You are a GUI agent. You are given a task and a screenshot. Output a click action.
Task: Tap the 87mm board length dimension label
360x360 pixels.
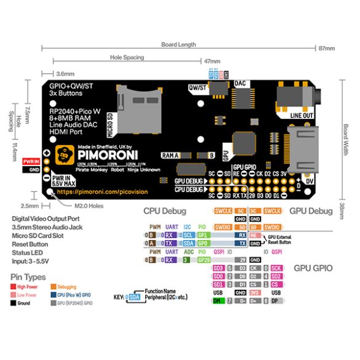[326, 48]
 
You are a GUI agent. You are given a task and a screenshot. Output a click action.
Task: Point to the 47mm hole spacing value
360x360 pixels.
[212, 62]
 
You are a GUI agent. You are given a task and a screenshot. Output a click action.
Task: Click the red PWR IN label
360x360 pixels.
[31, 160]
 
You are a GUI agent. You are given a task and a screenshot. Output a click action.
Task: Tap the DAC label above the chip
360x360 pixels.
[241, 82]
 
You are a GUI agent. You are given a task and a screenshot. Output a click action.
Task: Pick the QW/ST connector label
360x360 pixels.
[198, 87]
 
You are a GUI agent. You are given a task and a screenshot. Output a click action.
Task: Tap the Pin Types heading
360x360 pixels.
[28, 278]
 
